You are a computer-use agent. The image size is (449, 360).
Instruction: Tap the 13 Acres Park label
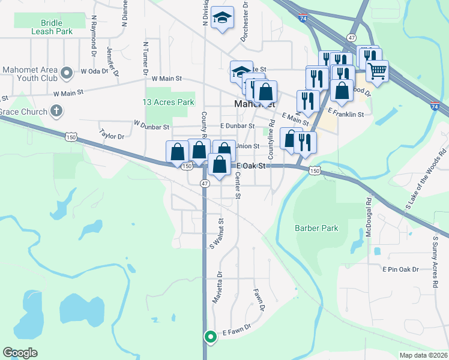169,103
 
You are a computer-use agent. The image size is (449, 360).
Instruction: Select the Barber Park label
316,228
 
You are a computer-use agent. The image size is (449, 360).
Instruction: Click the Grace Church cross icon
56,110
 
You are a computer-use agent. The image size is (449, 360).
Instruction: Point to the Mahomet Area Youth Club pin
68,73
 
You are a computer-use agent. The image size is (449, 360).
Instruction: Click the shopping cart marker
378,71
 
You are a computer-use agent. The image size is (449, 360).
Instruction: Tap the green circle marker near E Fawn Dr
210,337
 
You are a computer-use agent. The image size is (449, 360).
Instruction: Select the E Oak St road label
251,166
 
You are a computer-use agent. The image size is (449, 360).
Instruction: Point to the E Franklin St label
346,113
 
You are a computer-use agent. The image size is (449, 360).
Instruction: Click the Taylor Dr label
112,136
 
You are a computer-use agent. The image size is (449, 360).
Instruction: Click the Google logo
20,353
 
